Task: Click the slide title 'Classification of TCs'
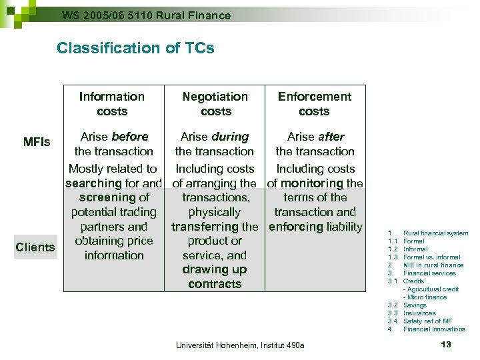point(135,48)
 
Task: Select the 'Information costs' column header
point(111,104)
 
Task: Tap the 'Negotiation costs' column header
point(215,104)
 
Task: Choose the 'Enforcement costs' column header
point(314,104)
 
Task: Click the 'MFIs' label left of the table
point(37,142)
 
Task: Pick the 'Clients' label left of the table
point(35,247)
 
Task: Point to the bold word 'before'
point(130,137)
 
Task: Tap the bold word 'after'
point(331,137)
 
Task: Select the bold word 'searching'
point(93,183)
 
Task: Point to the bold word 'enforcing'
point(296,227)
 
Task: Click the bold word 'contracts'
point(215,284)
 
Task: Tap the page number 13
point(446,344)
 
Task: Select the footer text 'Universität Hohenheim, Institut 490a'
point(240,345)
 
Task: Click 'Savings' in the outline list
point(415,305)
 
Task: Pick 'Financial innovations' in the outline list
point(434,329)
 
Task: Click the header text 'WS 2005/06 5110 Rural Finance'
point(146,15)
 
